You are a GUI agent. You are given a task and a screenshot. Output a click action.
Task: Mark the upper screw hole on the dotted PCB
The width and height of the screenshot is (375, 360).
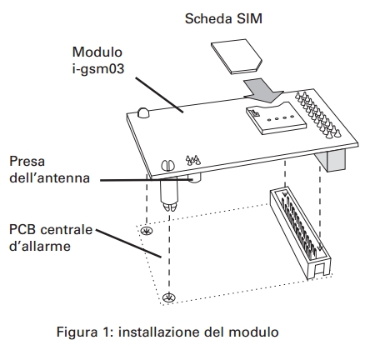pos(146,231)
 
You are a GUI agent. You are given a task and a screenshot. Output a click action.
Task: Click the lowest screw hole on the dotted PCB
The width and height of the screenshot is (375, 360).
pos(169,297)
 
